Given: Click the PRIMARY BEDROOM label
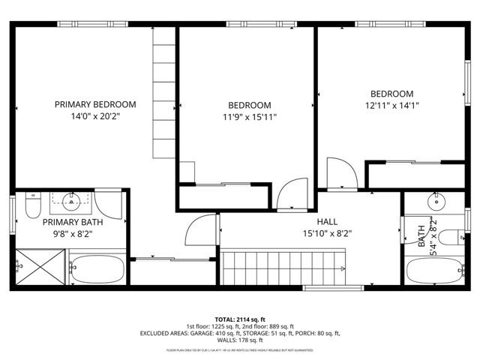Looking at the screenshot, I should (95, 104).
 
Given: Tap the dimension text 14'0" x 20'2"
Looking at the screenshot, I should (95, 116).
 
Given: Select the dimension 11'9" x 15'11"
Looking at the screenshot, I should (250, 117).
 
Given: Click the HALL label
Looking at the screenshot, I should (327, 221).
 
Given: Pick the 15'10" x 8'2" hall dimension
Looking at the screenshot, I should (327, 233).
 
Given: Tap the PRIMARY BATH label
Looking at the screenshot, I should (72, 222).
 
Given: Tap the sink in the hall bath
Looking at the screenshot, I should (435, 201).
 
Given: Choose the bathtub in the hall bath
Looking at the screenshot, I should (434, 271).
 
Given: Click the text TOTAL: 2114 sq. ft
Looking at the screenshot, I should (240, 319).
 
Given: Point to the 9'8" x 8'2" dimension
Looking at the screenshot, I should (72, 234).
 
